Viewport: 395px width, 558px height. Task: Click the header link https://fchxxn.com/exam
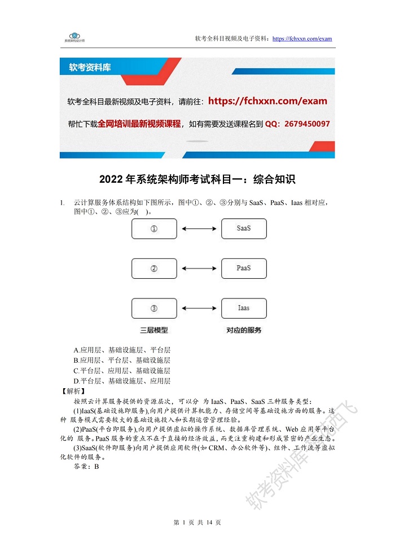(302, 39)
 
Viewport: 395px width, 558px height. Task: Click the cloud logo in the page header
(74, 35)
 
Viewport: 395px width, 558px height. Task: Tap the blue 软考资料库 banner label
(90, 68)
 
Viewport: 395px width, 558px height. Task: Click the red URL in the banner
(267, 102)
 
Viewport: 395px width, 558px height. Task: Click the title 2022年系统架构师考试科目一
(197, 179)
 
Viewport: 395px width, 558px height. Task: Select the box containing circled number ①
(153, 229)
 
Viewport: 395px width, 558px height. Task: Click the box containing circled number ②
(153, 269)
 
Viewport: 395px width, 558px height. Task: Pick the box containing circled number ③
(153, 309)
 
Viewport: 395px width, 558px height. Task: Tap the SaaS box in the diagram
(244, 229)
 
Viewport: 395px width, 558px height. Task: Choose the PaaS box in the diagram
(244, 269)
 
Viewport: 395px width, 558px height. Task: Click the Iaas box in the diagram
(244, 309)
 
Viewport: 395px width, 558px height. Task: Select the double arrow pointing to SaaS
(199, 229)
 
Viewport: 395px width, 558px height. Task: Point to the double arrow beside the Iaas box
(199, 309)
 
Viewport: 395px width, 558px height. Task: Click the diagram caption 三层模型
(154, 330)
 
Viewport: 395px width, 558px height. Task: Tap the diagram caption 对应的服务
(244, 330)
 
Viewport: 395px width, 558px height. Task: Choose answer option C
(121, 371)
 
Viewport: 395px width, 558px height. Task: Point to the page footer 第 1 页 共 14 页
(197, 522)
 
